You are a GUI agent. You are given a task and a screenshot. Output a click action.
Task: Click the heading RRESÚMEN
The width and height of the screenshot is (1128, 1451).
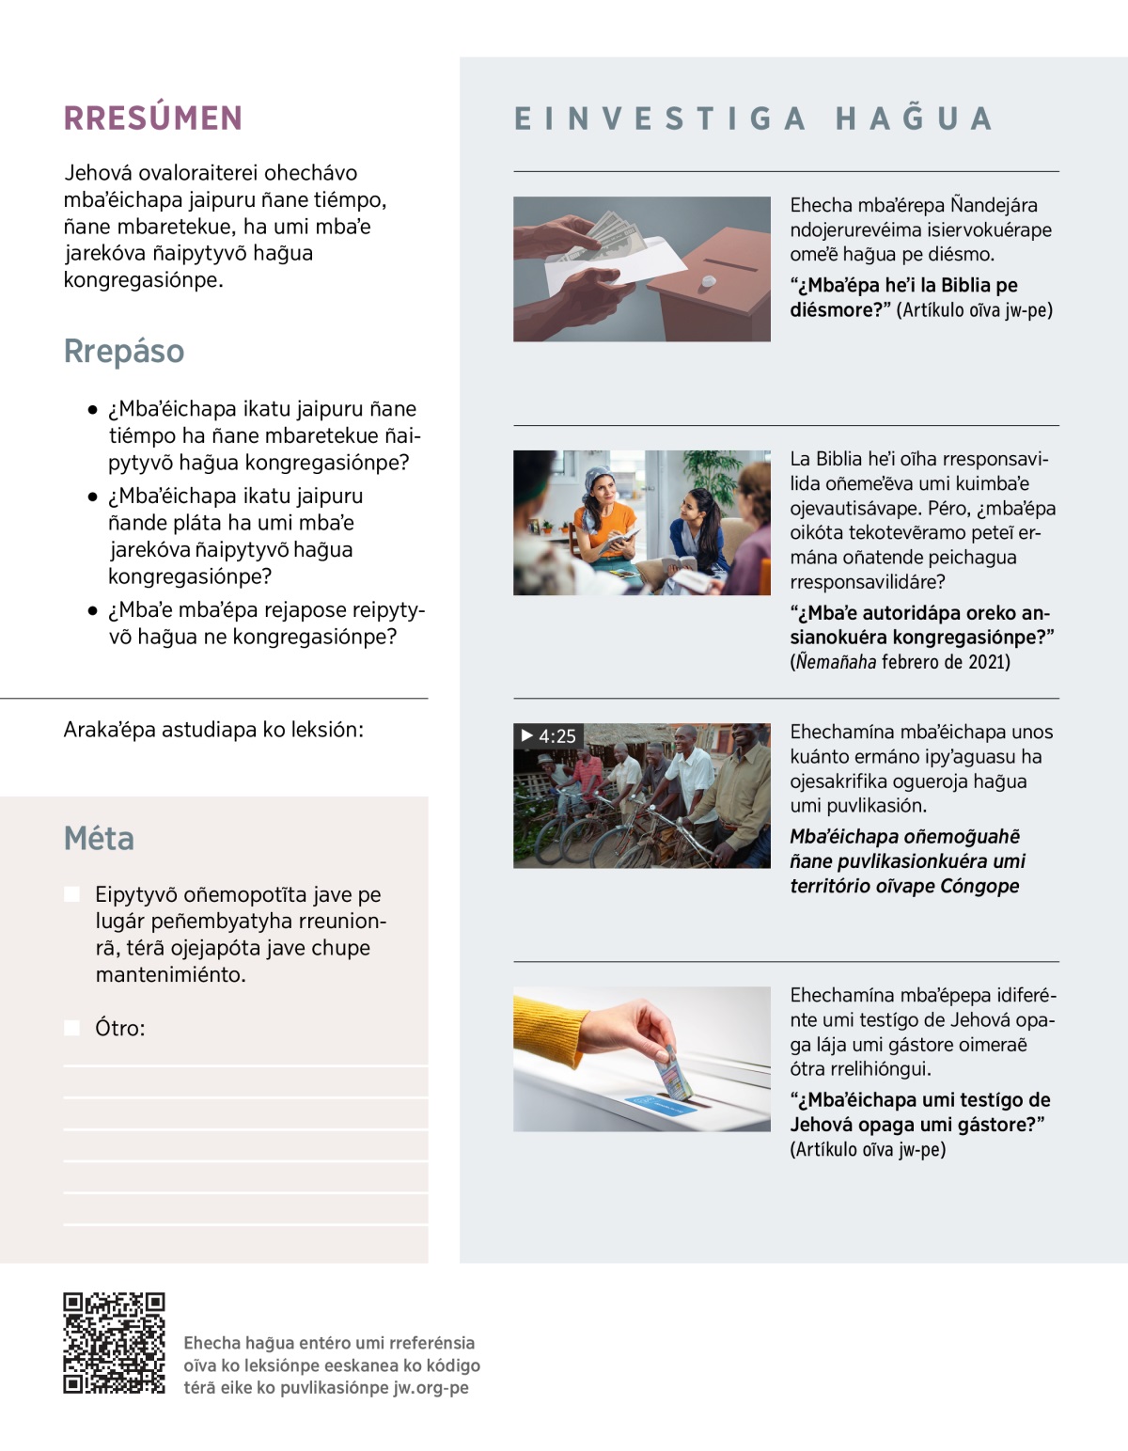click(153, 118)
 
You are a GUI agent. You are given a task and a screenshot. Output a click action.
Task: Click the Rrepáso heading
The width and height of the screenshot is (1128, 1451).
click(124, 351)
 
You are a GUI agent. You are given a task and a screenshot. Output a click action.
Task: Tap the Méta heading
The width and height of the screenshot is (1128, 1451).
click(99, 838)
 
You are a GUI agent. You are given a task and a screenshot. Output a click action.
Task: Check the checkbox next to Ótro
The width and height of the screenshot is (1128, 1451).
click(72, 1028)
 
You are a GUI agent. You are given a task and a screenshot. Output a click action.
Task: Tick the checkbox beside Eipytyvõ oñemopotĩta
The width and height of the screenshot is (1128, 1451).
click(72, 894)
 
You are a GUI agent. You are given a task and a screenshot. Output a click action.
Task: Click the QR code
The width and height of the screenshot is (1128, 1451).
click(114, 1343)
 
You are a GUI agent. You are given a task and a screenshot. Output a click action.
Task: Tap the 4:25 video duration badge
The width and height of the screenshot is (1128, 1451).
click(548, 735)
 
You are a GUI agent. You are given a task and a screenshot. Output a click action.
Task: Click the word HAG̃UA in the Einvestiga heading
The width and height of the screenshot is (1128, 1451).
click(914, 118)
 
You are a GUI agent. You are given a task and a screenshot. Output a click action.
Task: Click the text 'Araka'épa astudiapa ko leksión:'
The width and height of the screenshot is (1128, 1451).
click(213, 730)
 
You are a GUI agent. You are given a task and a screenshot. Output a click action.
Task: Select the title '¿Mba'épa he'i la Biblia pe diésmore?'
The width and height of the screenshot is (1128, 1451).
click(903, 297)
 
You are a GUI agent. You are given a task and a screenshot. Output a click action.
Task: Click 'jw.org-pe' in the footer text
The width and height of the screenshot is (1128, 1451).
click(431, 1387)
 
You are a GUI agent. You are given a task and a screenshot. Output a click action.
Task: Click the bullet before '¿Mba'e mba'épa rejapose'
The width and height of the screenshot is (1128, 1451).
click(92, 610)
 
